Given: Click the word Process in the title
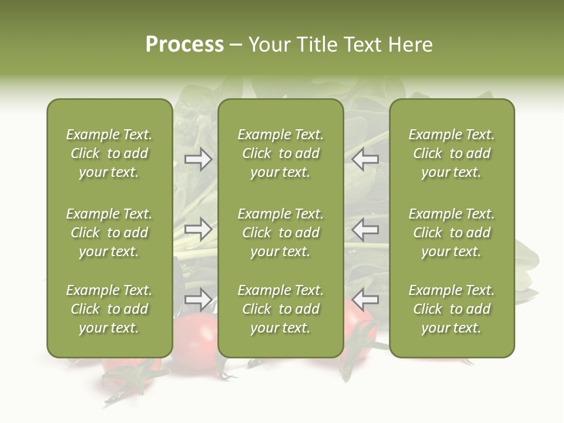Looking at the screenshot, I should point(184,45).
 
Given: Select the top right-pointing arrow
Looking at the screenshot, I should point(198,159).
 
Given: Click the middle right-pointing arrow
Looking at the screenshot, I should point(198,229).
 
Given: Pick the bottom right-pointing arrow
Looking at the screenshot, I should point(198,300).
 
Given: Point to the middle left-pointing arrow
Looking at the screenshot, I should point(365,229).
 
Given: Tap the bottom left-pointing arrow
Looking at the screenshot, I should point(365,300).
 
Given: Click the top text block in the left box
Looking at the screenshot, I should point(109,153).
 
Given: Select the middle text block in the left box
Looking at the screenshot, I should point(109,233).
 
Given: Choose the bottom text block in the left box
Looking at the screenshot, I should point(109,309).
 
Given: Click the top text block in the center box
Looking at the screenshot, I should point(280,153).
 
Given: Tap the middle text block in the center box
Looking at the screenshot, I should point(280,233).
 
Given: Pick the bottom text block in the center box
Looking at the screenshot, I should point(280,309).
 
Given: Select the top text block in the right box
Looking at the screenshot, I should point(451,153).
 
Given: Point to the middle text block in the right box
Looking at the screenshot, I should point(451,233).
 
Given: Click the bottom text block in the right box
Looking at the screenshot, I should point(451,309).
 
